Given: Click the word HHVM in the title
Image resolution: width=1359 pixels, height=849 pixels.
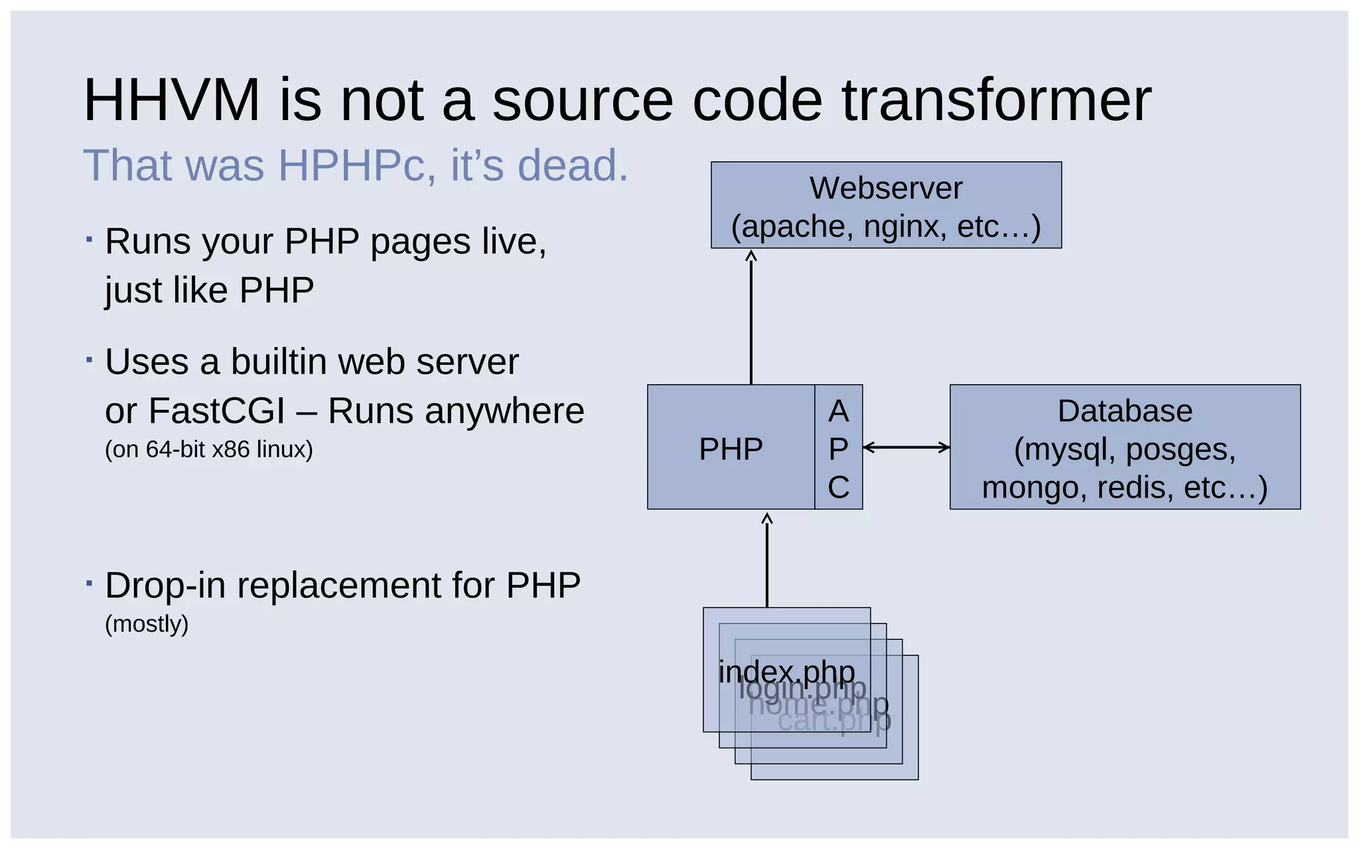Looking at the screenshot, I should (171, 100).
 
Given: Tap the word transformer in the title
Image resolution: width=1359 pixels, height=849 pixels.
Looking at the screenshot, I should (996, 100).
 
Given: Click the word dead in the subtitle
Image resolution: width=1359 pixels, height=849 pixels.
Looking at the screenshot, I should (567, 165).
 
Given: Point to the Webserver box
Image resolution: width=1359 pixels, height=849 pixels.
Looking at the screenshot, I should (886, 205).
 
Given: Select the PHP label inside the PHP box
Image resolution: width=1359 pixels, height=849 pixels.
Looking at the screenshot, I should (731, 449).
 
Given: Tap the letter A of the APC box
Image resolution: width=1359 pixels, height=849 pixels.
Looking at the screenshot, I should (838, 411).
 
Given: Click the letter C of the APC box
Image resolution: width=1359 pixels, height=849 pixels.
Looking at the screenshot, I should (838, 488).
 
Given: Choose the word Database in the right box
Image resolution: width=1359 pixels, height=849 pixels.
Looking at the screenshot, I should (1125, 411).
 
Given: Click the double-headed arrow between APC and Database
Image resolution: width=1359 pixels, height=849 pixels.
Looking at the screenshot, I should (906, 448).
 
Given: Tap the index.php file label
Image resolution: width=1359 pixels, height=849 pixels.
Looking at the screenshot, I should (786, 672).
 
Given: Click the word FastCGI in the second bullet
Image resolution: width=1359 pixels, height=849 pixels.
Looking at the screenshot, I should (216, 411).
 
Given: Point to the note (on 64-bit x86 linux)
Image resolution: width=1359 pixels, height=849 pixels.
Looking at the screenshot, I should (208, 450).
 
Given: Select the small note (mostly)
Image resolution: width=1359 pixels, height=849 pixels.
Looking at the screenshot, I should (147, 623).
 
